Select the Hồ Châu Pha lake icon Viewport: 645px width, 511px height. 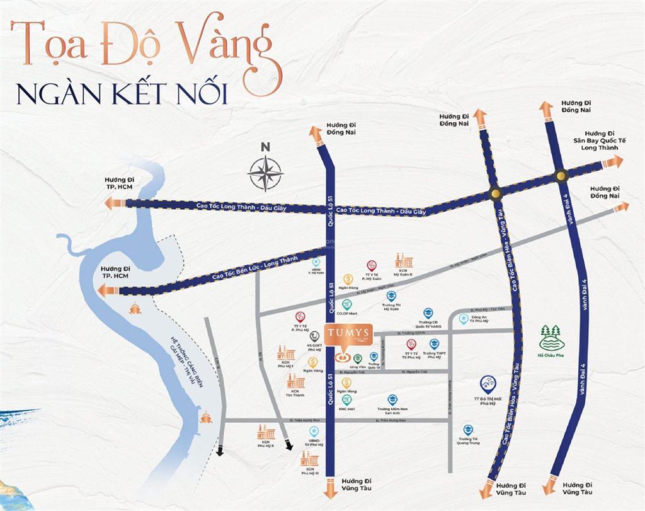pyautogui.click(x=552, y=337)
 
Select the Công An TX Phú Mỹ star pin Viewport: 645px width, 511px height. pyautogui.click(x=464, y=319)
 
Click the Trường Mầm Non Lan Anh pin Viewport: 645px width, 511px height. pyautogui.click(x=393, y=399)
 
